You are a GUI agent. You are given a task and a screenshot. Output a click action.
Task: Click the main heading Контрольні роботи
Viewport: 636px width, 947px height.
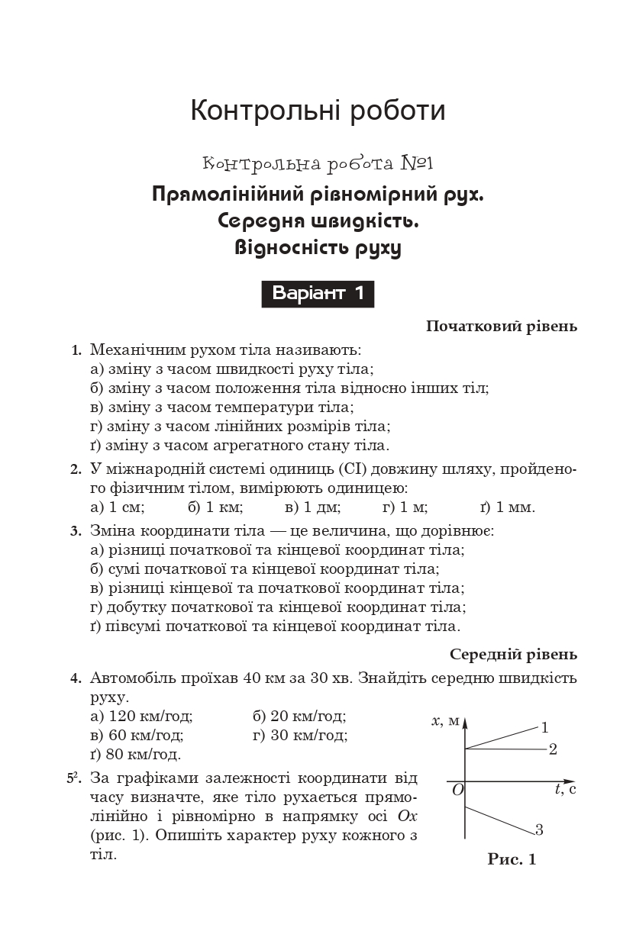click(318, 111)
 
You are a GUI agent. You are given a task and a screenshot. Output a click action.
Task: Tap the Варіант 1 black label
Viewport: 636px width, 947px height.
click(318, 293)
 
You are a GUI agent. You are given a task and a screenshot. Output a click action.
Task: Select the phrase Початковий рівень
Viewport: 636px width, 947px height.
click(501, 327)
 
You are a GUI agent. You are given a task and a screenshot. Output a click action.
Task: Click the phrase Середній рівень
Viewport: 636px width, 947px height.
click(513, 655)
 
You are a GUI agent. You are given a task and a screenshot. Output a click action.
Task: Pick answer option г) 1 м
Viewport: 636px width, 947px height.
click(405, 507)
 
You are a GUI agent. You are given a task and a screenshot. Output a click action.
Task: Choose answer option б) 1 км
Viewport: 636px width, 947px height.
click(215, 507)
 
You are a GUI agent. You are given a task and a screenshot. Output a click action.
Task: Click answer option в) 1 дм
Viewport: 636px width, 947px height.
click(313, 507)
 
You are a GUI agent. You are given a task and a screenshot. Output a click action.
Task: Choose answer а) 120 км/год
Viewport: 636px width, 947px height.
click(141, 717)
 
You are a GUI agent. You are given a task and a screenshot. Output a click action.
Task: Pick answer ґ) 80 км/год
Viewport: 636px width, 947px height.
click(135, 755)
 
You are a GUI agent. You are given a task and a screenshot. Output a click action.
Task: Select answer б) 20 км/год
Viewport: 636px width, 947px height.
click(299, 717)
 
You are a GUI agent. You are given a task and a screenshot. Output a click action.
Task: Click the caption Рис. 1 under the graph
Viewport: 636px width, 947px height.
click(512, 860)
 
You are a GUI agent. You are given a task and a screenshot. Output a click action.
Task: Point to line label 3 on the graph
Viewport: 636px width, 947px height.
click(539, 830)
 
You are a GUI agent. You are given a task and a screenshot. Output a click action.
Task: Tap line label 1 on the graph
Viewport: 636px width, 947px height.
click(545, 727)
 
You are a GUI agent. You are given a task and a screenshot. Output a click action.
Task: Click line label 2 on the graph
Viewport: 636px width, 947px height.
click(553, 749)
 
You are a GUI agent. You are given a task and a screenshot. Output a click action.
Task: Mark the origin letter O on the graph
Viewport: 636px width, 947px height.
click(457, 790)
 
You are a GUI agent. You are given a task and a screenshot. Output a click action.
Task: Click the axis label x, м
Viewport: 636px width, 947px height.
click(444, 721)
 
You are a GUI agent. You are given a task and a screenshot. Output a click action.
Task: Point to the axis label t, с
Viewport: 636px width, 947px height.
click(565, 789)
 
